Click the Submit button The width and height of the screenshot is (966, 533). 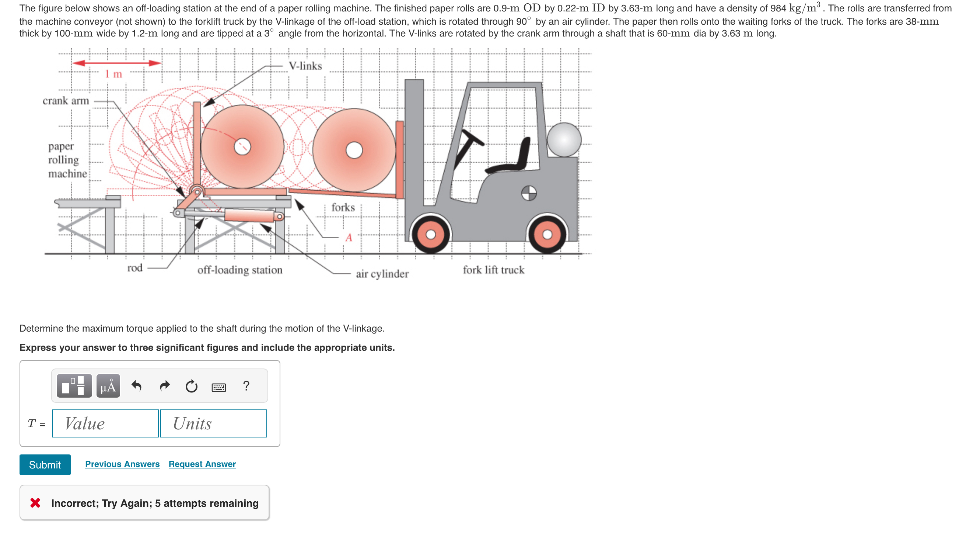45,465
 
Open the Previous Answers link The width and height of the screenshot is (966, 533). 122,464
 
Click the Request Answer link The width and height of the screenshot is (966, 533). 202,464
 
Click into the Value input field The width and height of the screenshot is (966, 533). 105,423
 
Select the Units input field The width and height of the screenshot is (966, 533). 213,423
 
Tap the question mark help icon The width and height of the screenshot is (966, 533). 246,386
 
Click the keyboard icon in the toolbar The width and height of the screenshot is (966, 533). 218,387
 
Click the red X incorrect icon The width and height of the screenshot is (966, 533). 35,503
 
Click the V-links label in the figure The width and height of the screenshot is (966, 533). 305,66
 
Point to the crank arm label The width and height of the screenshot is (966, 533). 66,101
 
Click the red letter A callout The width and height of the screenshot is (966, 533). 349,237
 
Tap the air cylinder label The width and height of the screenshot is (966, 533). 382,274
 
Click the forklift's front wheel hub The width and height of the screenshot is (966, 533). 431,235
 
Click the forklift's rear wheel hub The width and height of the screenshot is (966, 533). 547,235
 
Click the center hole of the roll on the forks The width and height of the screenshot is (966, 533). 354,150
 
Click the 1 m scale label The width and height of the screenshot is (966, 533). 113,74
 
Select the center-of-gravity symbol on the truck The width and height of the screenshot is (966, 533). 529,193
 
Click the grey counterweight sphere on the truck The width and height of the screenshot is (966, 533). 564,140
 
